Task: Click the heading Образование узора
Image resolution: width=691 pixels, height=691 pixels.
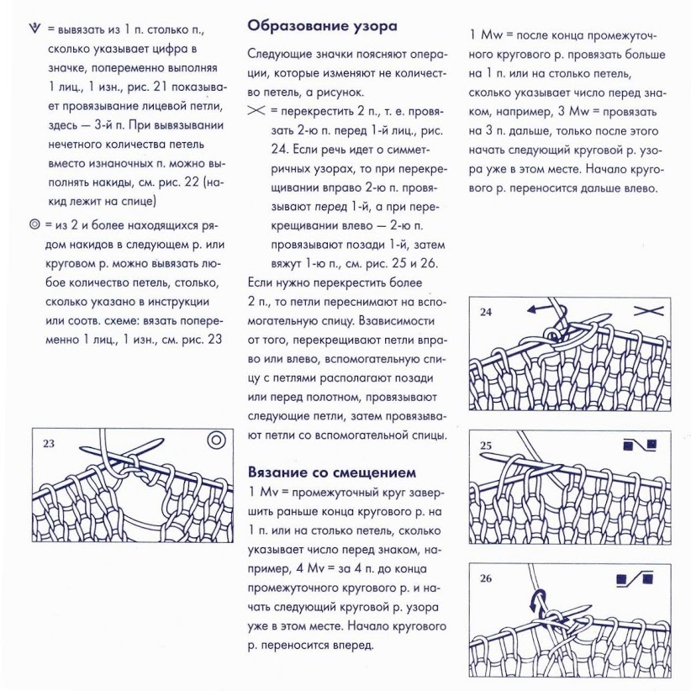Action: point(322,26)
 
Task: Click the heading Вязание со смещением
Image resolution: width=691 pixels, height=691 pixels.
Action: point(332,472)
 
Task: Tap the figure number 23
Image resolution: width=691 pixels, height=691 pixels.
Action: point(49,443)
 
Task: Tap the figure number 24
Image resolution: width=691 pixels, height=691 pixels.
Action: point(486,313)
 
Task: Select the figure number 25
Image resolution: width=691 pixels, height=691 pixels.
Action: point(486,446)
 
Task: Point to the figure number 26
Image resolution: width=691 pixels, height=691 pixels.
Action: point(486,578)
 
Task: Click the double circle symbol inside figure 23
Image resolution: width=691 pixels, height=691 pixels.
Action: point(216,440)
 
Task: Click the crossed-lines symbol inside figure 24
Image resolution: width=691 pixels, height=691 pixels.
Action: point(649,311)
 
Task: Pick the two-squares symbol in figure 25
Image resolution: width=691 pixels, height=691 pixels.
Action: point(641,445)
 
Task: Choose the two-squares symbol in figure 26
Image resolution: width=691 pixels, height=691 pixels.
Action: point(635,579)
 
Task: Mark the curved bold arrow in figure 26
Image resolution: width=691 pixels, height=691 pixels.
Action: point(537,603)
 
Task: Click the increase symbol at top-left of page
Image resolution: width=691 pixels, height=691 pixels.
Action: point(34,29)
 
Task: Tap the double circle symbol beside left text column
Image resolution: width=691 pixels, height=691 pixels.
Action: point(34,224)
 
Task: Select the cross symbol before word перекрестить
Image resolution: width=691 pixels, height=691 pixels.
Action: point(256,111)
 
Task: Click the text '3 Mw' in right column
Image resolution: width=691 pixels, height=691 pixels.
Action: point(573,112)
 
